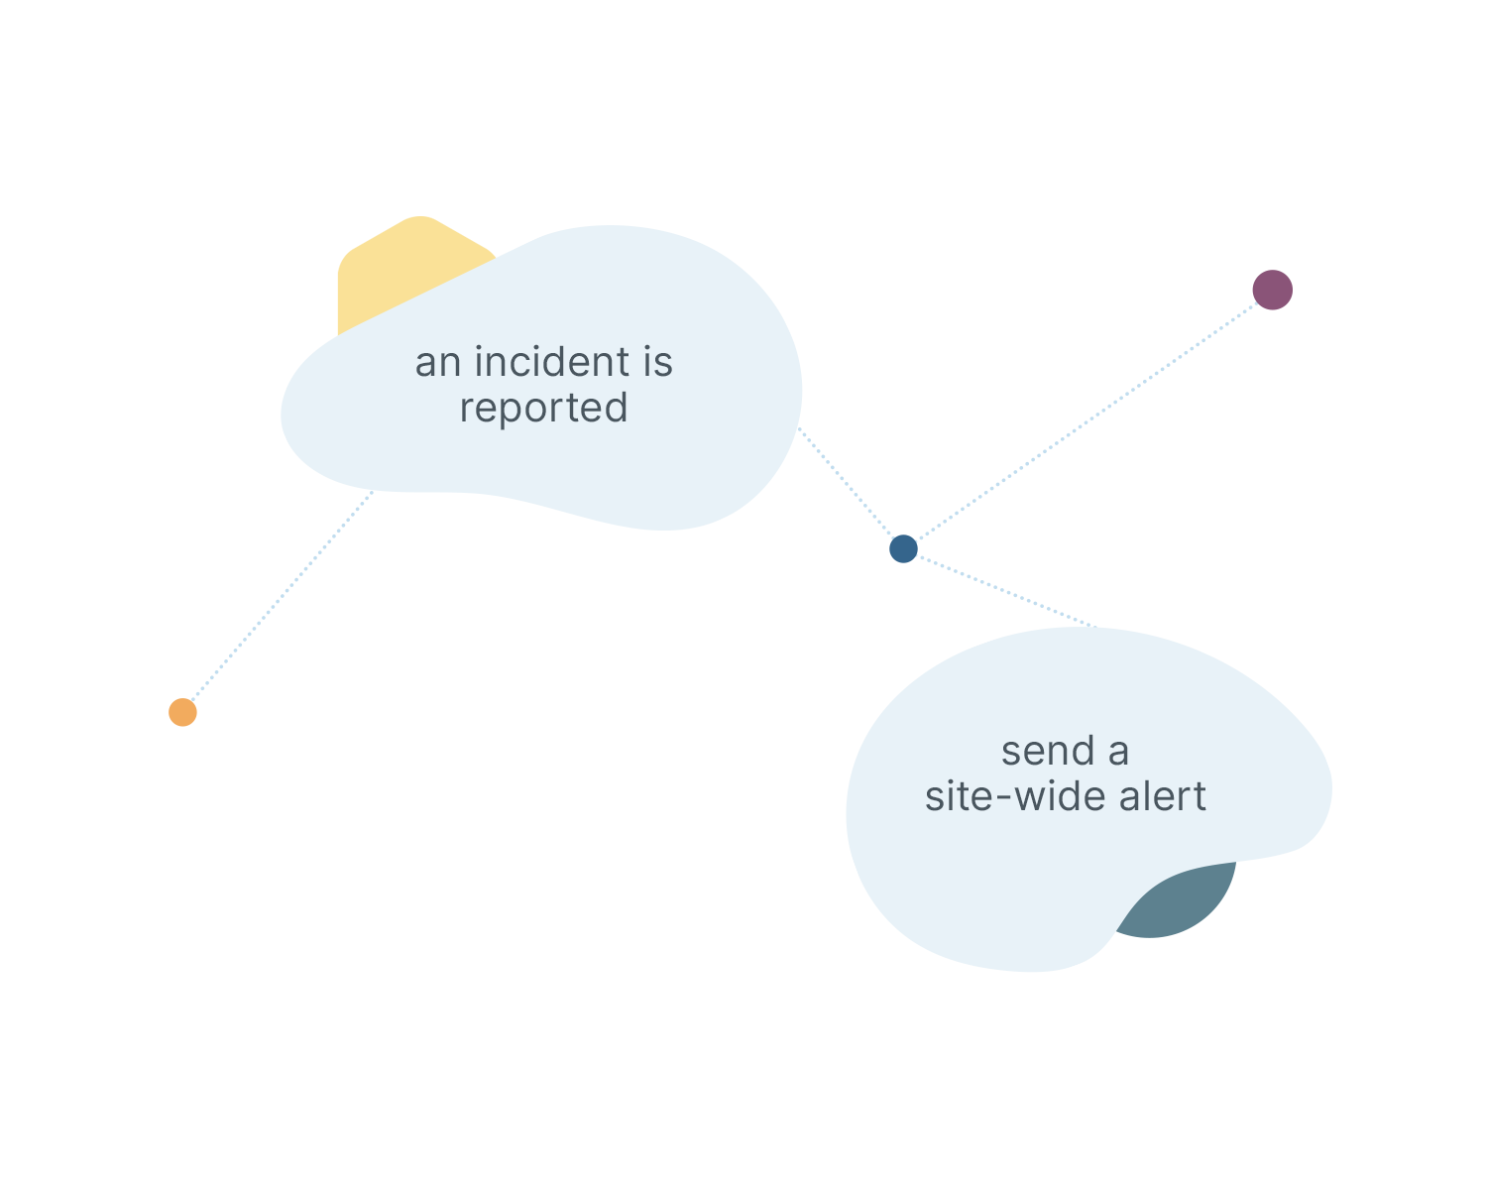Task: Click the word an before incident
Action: pos(438,363)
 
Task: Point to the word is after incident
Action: pos(657,362)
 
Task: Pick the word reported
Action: pos(543,409)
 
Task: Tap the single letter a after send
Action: pos(1118,753)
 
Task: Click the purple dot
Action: pos(1272,290)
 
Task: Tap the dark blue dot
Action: pos(903,548)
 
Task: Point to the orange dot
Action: pos(182,712)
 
